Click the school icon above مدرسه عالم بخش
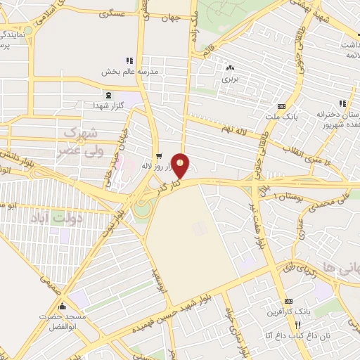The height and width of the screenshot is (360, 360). pyautogui.click(x=129, y=60)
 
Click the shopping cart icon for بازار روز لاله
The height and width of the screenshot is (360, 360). pyautogui.click(x=160, y=156)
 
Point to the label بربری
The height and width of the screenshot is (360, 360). pyautogui.click(x=231, y=79)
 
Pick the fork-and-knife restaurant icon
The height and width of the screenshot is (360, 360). pyautogui.click(x=298, y=324)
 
